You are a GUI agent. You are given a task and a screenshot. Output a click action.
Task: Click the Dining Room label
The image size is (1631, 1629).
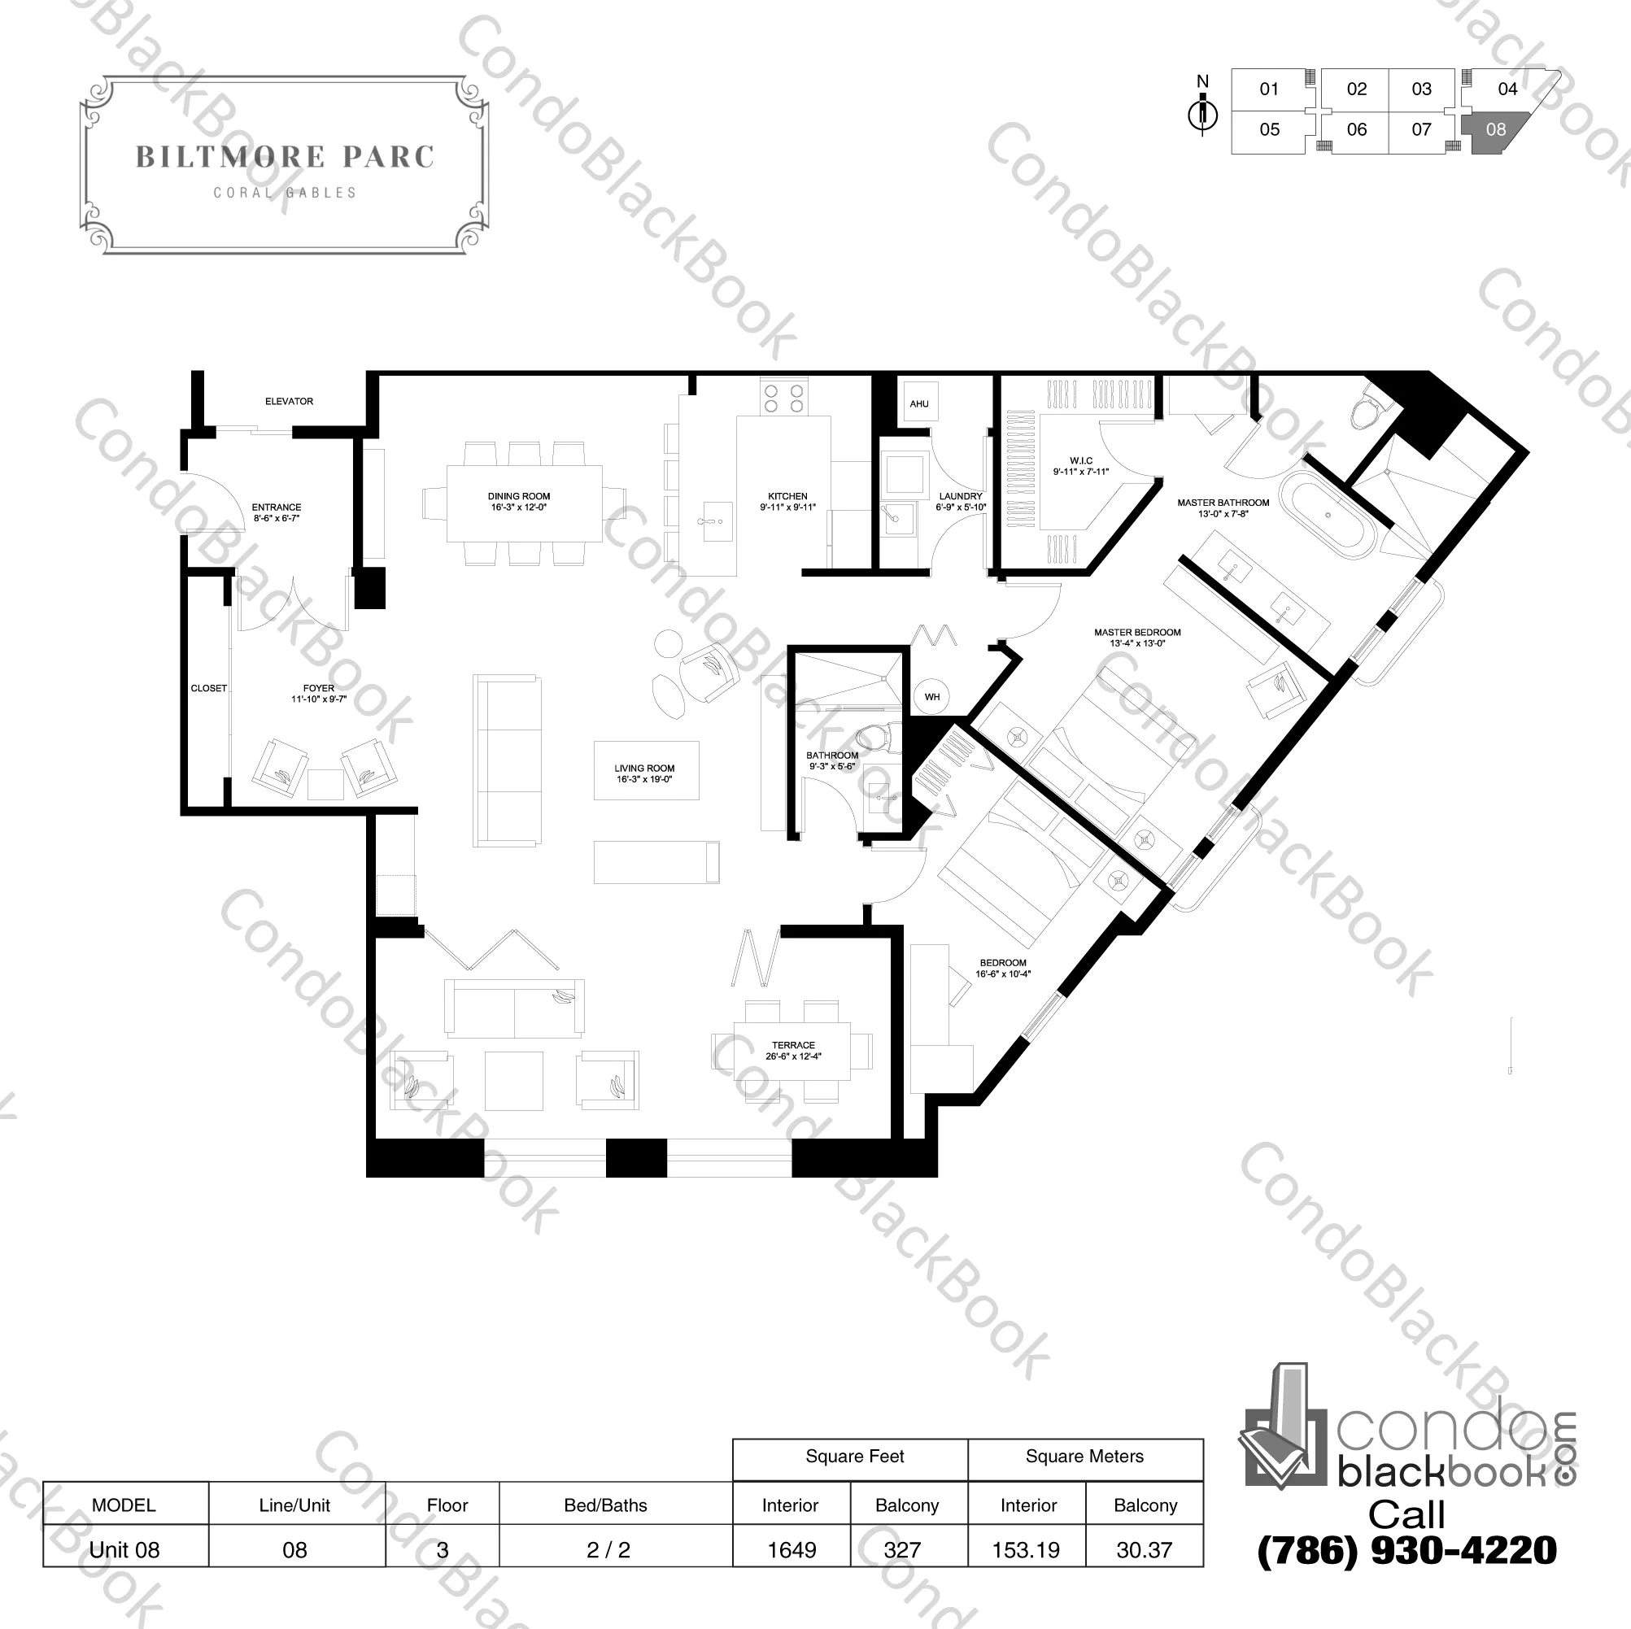[x=518, y=501]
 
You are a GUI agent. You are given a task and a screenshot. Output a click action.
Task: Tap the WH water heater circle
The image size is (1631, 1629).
[x=932, y=696]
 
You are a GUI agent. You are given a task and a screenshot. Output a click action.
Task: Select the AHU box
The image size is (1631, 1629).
[x=919, y=403]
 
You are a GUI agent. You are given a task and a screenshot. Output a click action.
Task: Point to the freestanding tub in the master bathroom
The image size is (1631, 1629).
[x=1328, y=516]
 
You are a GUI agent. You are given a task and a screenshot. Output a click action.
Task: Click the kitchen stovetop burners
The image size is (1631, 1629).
[x=783, y=398]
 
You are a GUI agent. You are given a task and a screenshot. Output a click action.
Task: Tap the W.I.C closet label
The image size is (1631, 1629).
[x=1080, y=467]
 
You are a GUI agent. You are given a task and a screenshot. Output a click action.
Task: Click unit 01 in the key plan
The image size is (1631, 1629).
[x=1269, y=89]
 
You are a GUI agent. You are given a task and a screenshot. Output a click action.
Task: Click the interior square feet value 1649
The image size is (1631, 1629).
[x=792, y=1549]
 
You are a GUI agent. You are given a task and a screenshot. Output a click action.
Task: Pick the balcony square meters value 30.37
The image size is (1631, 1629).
[x=1144, y=1549]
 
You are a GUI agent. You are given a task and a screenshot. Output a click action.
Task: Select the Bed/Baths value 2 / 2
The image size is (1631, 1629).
[x=608, y=1549]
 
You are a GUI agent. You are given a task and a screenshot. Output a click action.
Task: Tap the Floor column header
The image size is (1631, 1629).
[x=447, y=1505]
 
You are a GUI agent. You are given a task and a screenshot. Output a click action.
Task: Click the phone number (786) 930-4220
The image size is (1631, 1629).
[x=1407, y=1549]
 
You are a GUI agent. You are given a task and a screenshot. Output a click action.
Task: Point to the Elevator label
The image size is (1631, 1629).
[x=289, y=402]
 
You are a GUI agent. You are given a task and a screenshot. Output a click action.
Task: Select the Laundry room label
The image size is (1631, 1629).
[x=961, y=501]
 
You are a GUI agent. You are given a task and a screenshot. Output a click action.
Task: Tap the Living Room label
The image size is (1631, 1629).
[x=644, y=774]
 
